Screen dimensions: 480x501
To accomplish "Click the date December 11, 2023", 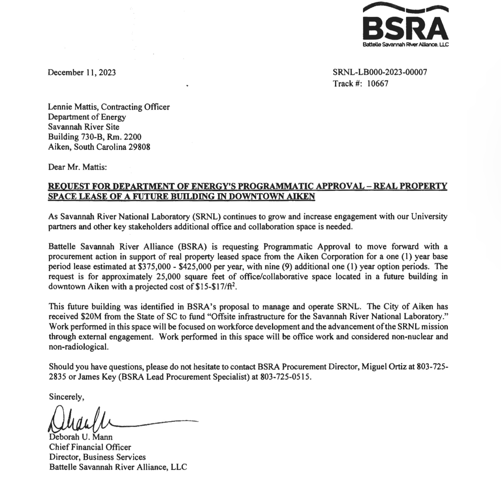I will coord(82,73).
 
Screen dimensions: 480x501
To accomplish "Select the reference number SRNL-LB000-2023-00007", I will coord(380,72).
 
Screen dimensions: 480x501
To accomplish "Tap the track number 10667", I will coord(377,84).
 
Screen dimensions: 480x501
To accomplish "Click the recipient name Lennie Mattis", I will coord(73,107).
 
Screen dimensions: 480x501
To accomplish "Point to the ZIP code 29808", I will coord(140,147).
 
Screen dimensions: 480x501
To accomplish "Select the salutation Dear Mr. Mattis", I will coord(77,167).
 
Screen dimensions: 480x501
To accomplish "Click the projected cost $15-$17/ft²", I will coord(216,287).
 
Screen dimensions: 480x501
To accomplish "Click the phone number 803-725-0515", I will coord(285,377).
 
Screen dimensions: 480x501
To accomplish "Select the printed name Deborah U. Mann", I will coord(81,437).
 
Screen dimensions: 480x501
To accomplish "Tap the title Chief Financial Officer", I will coord(90,447).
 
